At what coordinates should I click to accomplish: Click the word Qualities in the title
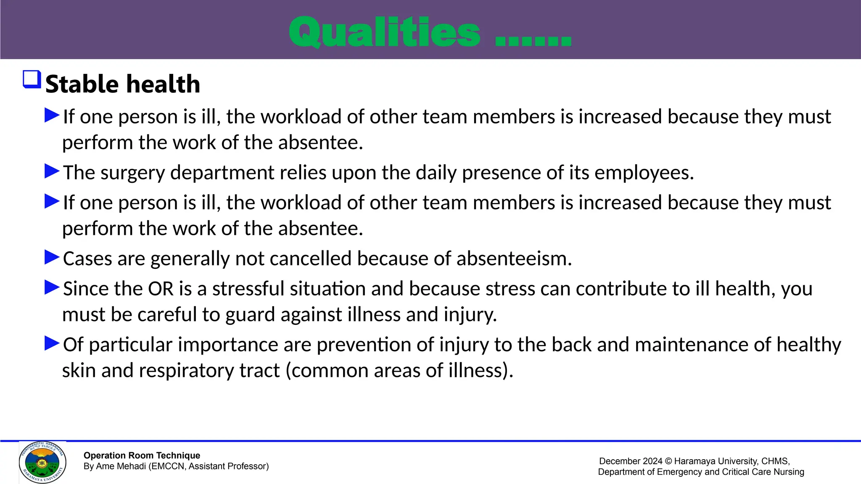(384, 33)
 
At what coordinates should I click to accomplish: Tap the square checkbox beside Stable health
(32, 79)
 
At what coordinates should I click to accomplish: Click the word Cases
(87, 259)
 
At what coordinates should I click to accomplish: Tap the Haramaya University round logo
(42, 463)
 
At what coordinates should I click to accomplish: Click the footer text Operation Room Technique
(142, 455)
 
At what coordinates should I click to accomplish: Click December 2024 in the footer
(630, 461)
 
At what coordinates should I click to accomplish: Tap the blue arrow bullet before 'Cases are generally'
(52, 257)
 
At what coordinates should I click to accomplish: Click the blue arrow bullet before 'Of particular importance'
(52, 343)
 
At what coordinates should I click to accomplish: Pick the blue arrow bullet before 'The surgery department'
(52, 171)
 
